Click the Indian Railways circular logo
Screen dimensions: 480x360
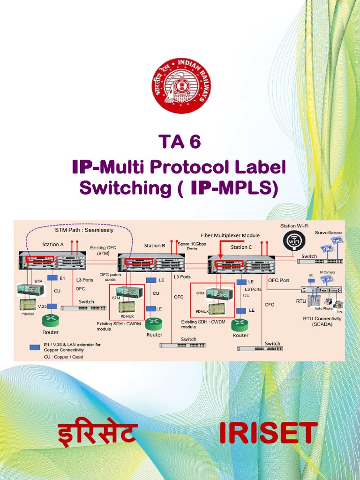(x=180, y=86)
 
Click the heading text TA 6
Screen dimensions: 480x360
(x=180, y=141)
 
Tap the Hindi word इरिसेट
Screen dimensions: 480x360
(x=97, y=433)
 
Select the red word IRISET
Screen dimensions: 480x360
(x=269, y=433)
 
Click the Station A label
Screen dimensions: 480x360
(x=53, y=244)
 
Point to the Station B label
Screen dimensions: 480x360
(x=155, y=245)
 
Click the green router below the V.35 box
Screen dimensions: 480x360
(x=51, y=321)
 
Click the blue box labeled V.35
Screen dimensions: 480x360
(x=52, y=306)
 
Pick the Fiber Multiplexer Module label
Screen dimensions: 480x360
(x=230, y=235)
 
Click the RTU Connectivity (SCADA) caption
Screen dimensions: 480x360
(x=322, y=321)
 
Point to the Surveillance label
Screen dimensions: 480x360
(x=328, y=232)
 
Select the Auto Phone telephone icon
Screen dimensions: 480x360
(x=328, y=302)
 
